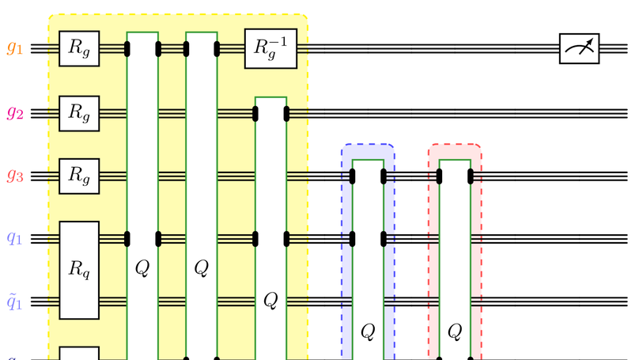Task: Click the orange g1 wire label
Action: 16,48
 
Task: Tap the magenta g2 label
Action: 16,112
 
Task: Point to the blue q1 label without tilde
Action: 16,238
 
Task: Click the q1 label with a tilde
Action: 16,301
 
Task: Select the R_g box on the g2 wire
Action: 79,112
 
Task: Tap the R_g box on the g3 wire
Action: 79,176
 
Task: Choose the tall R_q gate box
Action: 79,270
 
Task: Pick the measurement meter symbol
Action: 579,49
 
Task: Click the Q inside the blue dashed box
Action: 367,331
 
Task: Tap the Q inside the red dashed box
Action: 455,331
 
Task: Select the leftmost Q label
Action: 143,267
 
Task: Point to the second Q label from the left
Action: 202,267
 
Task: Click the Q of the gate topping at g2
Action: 270,299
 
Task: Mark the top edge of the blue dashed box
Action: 368,145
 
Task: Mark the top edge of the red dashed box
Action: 455,145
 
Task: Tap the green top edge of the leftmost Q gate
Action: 143,32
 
